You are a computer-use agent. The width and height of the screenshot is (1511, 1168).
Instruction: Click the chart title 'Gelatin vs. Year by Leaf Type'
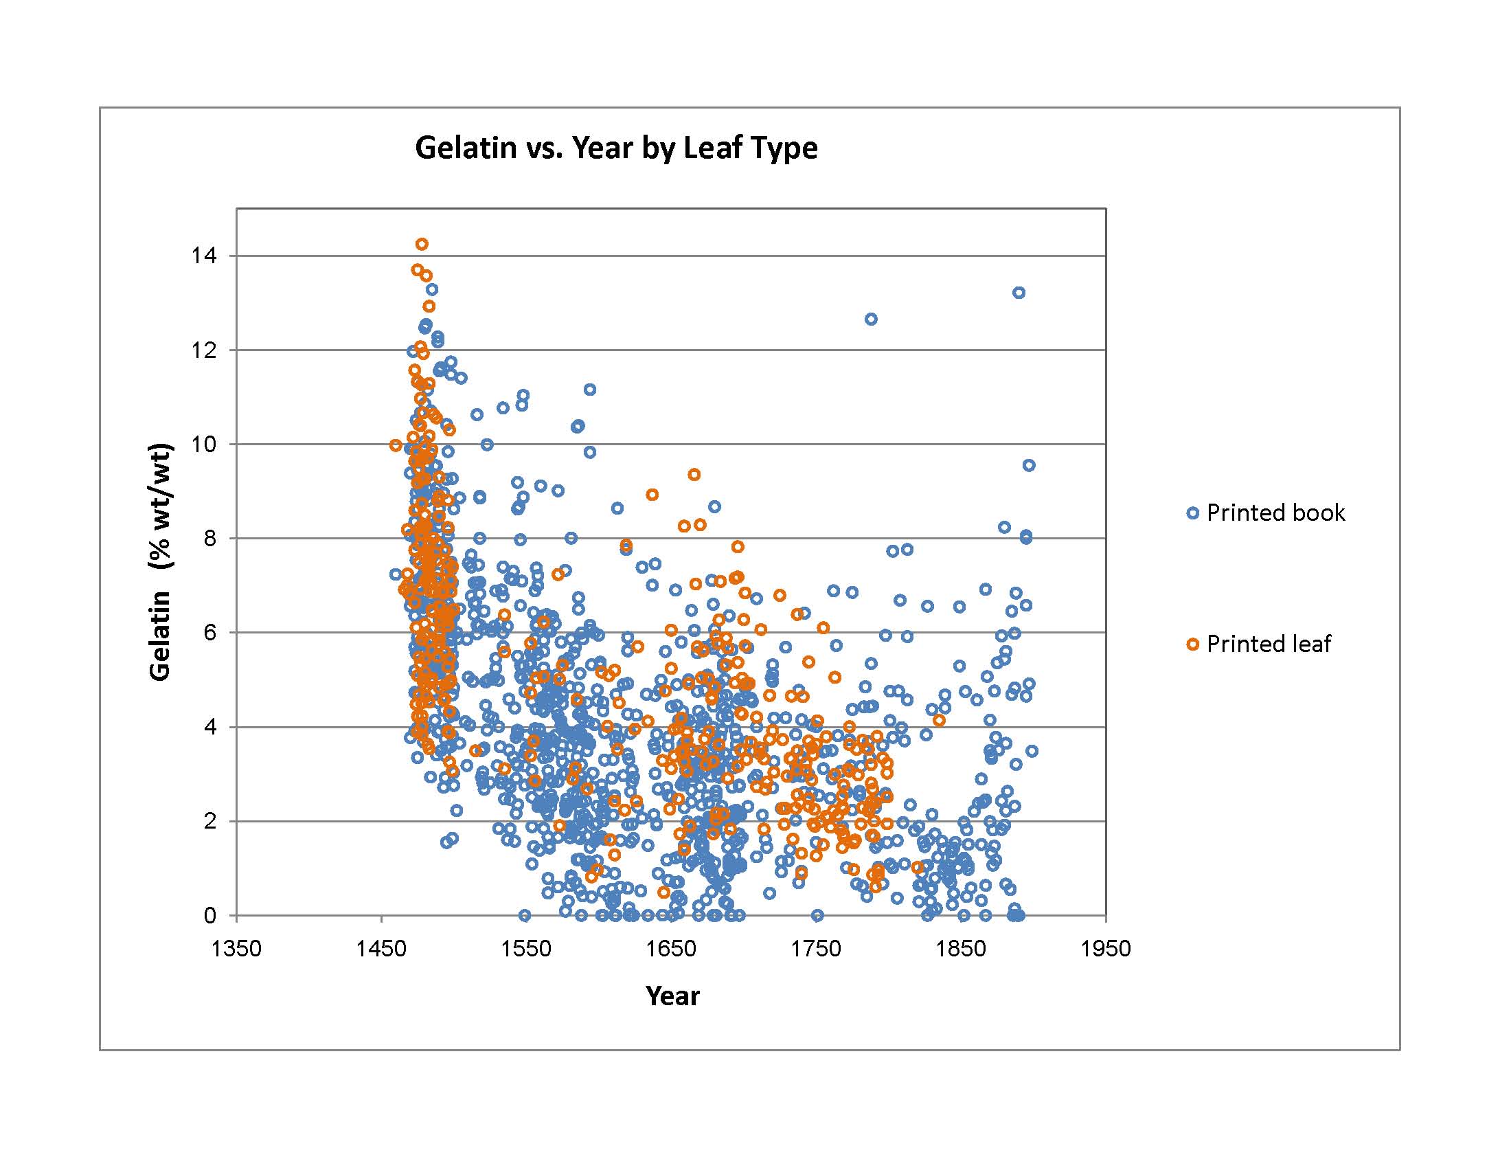[x=616, y=148]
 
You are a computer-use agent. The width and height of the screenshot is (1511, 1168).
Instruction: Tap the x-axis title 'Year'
[x=672, y=996]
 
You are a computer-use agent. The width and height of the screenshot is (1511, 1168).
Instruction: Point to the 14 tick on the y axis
[x=204, y=256]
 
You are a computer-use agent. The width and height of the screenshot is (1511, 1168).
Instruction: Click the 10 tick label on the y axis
[x=204, y=445]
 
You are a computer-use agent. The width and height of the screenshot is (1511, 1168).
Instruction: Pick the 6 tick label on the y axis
[x=209, y=632]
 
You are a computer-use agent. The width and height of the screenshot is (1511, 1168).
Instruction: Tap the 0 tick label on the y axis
[x=209, y=915]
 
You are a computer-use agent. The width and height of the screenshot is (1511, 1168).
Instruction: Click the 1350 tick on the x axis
[x=237, y=948]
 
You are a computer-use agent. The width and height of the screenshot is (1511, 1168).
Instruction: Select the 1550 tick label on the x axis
[x=526, y=948]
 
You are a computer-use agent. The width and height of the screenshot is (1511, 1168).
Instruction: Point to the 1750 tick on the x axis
[x=816, y=948]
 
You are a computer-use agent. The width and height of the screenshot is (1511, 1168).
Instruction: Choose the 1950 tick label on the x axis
[x=1106, y=948]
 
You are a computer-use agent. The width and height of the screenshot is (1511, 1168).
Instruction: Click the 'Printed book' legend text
[x=1276, y=513]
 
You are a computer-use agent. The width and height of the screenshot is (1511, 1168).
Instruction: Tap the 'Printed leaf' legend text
[x=1268, y=644]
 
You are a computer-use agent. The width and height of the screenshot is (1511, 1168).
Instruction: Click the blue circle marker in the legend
[x=1193, y=513]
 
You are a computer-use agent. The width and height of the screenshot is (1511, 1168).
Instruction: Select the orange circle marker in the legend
[x=1193, y=644]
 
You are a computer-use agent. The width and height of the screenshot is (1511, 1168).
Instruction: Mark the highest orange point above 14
[x=422, y=245]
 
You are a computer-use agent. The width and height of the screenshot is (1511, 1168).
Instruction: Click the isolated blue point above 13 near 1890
[x=1019, y=293]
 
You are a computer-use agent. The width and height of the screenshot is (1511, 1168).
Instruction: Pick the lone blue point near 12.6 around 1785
[x=871, y=319]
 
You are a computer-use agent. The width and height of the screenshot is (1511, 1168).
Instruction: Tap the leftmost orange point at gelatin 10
[x=396, y=445]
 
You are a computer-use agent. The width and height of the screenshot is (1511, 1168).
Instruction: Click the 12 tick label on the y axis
[x=204, y=350]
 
